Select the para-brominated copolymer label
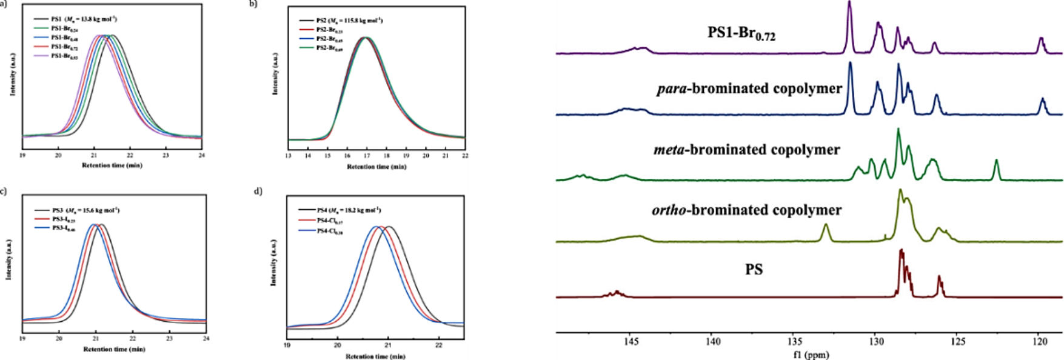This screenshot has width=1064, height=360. pos(749,89)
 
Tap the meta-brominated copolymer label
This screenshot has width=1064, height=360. pos(747,149)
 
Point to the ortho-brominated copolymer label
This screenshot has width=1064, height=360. pos(747,210)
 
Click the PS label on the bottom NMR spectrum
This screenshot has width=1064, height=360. pos(754,270)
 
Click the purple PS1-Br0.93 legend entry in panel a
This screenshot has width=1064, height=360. pos(64,56)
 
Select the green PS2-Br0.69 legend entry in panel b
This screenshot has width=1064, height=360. pos(329,48)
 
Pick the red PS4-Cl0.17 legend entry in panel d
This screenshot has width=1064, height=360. pos(330,221)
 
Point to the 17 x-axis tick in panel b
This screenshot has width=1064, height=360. pos(367,156)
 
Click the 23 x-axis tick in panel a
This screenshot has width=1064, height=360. pos(166,155)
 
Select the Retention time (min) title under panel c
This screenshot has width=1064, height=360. pos(114,349)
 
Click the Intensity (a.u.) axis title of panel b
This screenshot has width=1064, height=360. pos(276,74)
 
